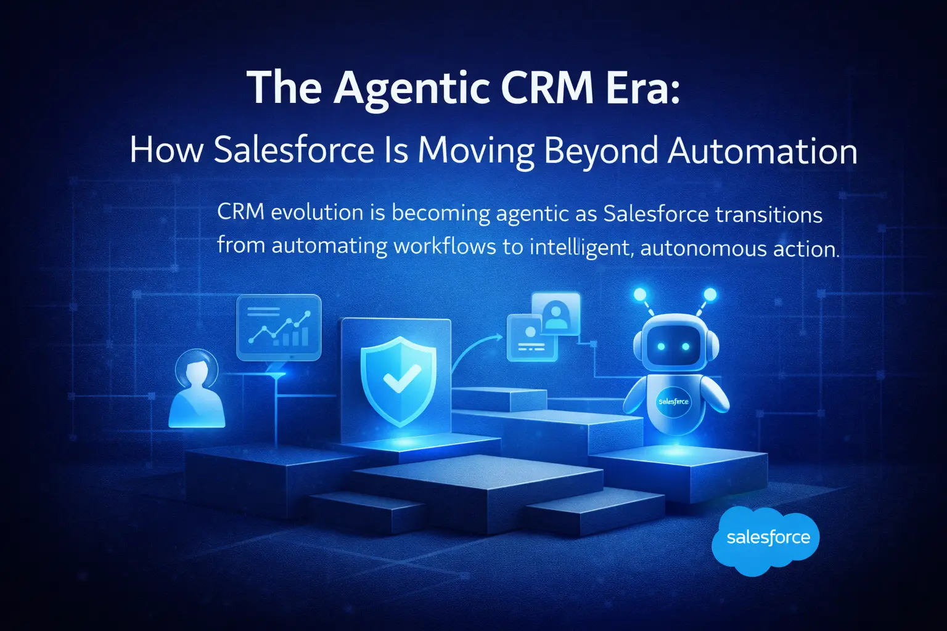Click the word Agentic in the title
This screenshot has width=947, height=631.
tap(411, 89)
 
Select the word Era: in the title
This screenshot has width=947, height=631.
tap(642, 88)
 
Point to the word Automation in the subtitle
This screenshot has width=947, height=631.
tap(763, 151)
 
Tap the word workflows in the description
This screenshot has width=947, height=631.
tap(445, 246)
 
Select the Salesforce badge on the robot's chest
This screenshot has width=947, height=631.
tap(673, 402)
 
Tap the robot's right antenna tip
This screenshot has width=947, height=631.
tap(710, 295)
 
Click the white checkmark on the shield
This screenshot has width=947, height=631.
tap(401, 378)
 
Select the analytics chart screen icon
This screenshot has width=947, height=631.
tap(279, 327)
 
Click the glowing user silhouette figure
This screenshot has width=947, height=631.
tap(196, 391)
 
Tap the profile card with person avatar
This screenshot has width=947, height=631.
tap(555, 314)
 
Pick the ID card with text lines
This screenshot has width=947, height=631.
tap(530, 338)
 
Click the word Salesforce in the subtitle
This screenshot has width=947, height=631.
tap(294, 151)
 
